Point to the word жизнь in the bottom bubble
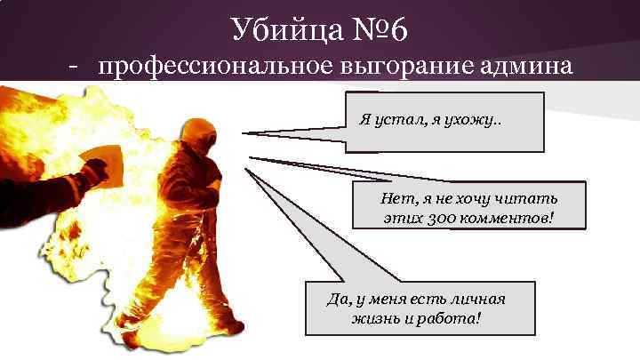(372, 316)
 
